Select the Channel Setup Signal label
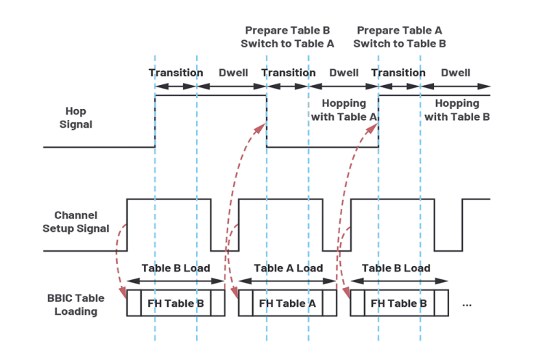(x=81, y=222)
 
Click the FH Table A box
(x=288, y=304)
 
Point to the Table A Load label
(x=288, y=268)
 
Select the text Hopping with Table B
(x=457, y=110)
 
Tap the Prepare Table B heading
(x=287, y=31)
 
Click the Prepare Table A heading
(x=399, y=31)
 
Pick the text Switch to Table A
(x=287, y=44)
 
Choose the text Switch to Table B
(x=399, y=44)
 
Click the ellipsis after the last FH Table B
(x=467, y=305)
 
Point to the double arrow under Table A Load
(x=288, y=280)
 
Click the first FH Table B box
(x=176, y=304)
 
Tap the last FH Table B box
(x=400, y=304)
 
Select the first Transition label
(x=176, y=73)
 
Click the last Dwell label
(x=455, y=73)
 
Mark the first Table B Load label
(x=176, y=268)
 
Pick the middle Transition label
(x=288, y=73)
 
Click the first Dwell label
(x=233, y=73)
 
